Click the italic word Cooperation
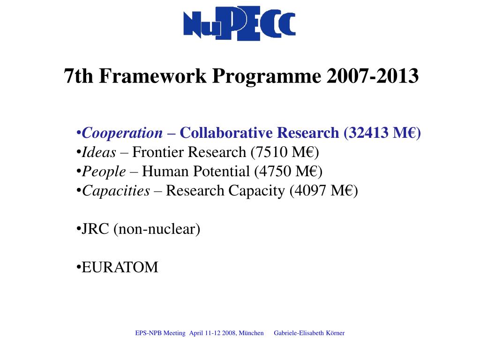coord(122,133)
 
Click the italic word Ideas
coord(99,152)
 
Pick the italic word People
coord(104,172)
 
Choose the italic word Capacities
coord(116,191)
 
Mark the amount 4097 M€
coord(323,191)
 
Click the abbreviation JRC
coord(96,229)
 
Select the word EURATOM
coord(120,268)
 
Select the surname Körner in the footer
coord(334,333)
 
